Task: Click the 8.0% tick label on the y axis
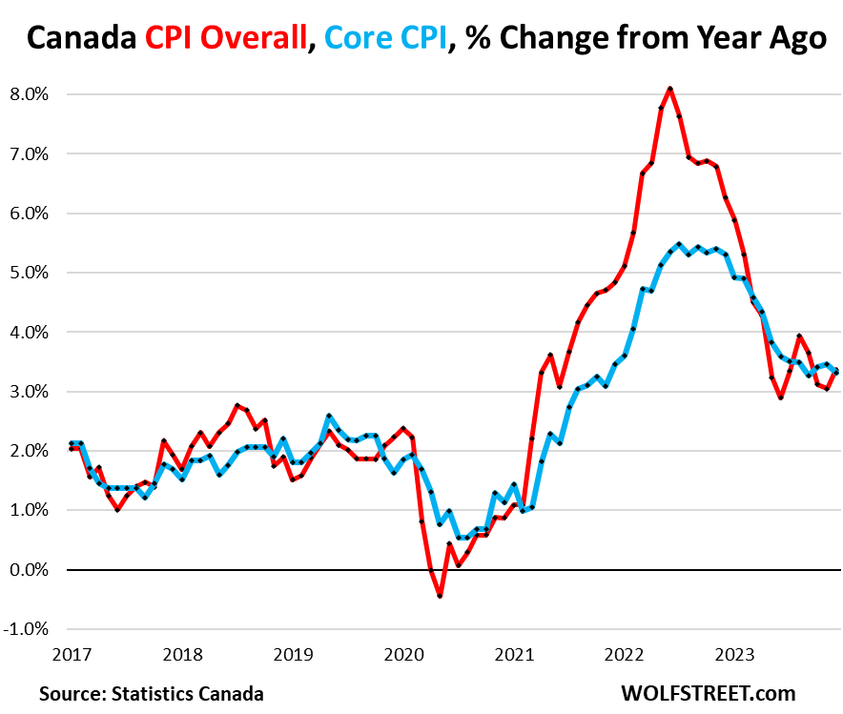coord(29,94)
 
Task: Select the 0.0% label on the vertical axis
coord(29,569)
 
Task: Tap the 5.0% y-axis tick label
coord(29,273)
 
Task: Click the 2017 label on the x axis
coord(72,656)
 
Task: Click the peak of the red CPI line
coord(670,89)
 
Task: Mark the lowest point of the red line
coord(440,596)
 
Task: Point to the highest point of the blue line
coord(678,244)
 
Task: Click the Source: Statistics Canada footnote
coord(152,693)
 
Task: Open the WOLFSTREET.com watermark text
coord(707,693)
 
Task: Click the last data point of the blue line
coord(835,372)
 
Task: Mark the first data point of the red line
coord(72,448)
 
